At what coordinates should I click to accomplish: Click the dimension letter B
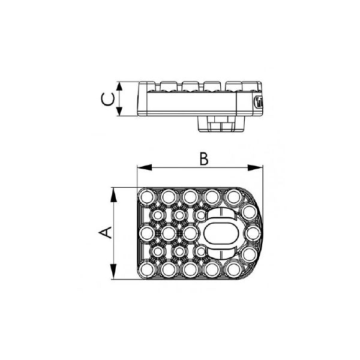(203, 158)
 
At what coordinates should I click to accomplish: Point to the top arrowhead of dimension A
(113, 192)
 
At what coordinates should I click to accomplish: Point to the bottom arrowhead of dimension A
(113, 275)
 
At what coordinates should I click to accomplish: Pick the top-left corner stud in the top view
(146, 196)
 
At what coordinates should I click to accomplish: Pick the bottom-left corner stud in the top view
(146, 270)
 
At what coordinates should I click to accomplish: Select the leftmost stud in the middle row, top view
(146, 233)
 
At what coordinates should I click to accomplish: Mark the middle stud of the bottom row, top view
(190, 270)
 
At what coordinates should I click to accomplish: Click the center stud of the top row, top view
(190, 196)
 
